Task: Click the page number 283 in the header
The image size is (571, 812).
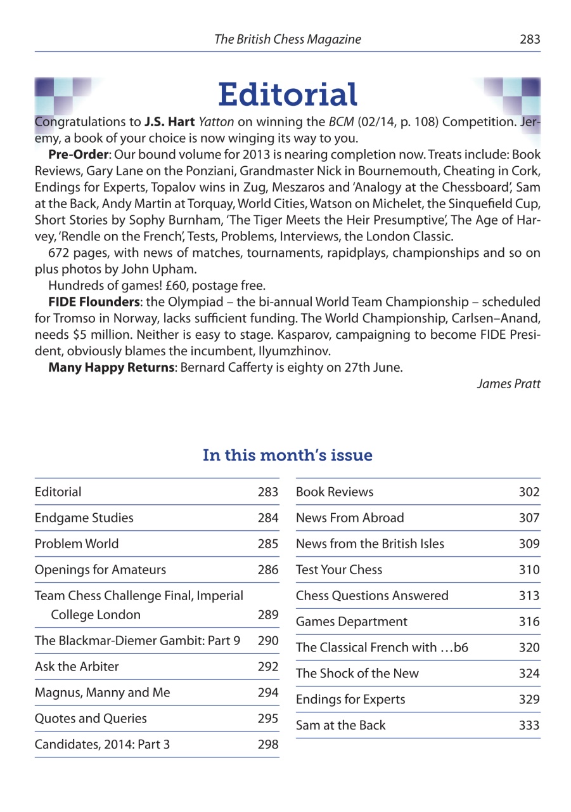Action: pos(530,39)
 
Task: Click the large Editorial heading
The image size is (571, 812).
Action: pos(288,95)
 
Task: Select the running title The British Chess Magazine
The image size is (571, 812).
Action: pos(288,39)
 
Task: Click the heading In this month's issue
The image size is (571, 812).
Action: pos(287,455)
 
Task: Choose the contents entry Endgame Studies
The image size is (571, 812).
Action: pos(84,518)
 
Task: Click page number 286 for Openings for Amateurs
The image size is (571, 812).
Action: pos(268,570)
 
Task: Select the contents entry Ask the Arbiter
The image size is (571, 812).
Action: pos(77,667)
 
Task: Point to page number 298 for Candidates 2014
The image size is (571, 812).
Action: pos(268,745)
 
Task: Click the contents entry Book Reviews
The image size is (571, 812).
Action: pos(335,492)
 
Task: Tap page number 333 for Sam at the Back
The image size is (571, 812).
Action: pos(529,725)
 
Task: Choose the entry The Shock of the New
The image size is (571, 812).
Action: pos(357,674)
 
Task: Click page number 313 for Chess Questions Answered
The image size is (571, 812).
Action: pos(529,596)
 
